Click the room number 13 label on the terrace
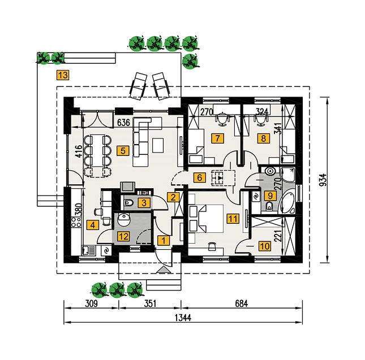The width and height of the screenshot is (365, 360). tap(63, 75)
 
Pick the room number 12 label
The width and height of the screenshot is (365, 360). tap(123, 236)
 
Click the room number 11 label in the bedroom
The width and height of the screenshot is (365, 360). tap(232, 217)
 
